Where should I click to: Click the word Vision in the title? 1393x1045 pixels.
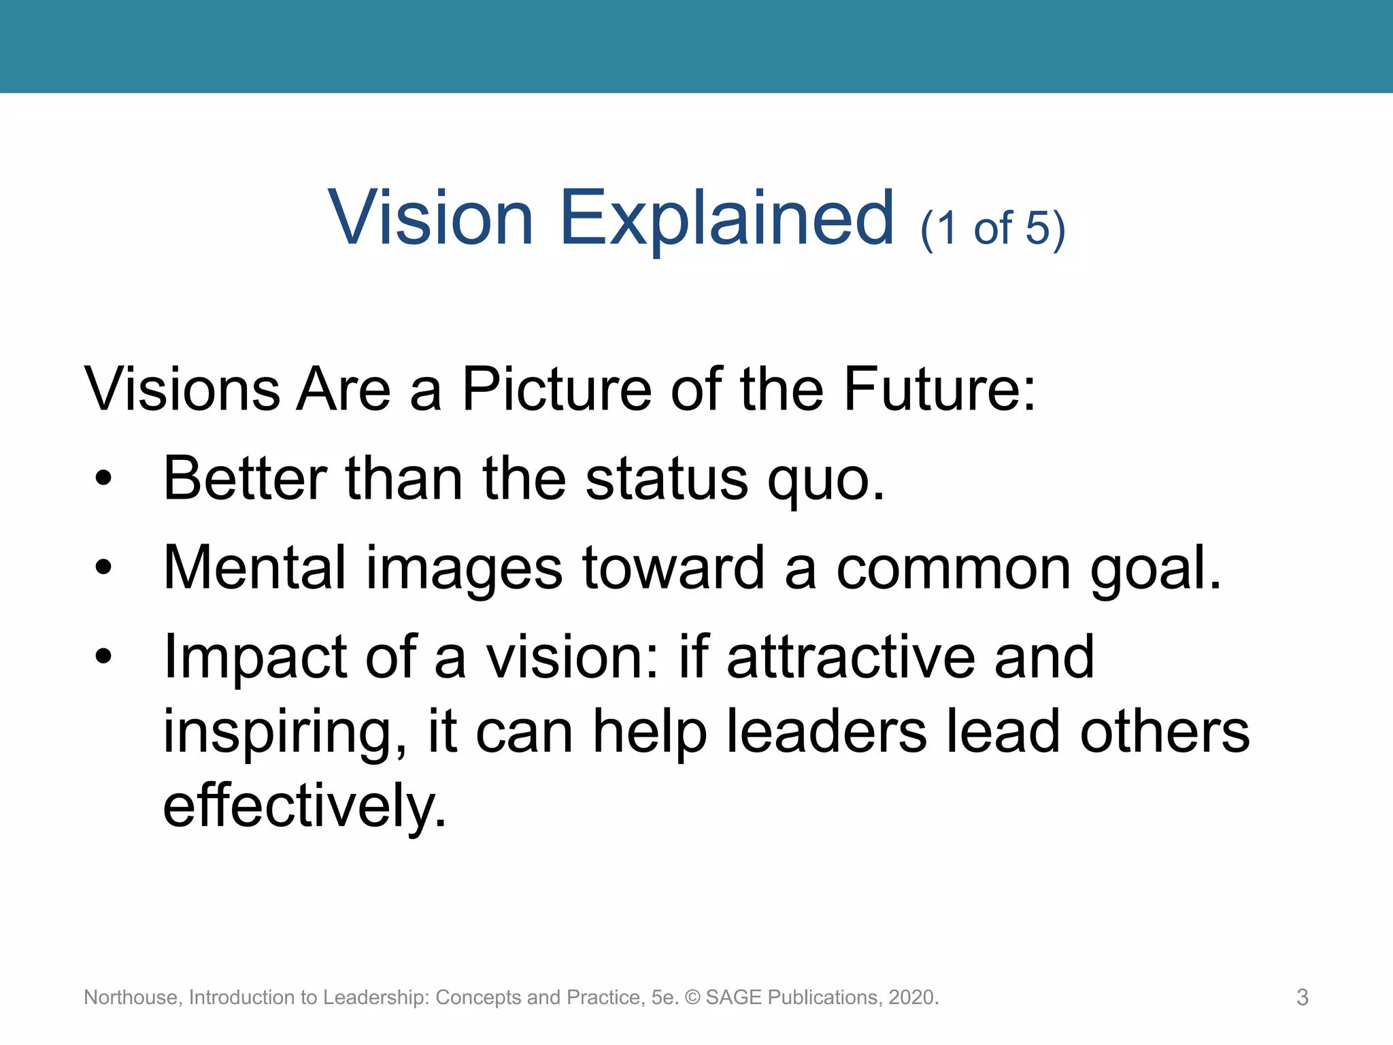430,218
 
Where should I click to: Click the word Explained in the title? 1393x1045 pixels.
726,220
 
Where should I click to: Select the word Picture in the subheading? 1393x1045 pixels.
556,389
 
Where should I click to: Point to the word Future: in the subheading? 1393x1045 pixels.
939,389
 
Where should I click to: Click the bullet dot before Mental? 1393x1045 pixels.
103,567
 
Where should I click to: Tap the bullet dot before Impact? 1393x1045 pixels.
103,656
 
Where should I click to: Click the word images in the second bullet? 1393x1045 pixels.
464,569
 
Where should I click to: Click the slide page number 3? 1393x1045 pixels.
1302,997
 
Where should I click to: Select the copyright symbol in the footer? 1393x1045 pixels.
692,997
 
